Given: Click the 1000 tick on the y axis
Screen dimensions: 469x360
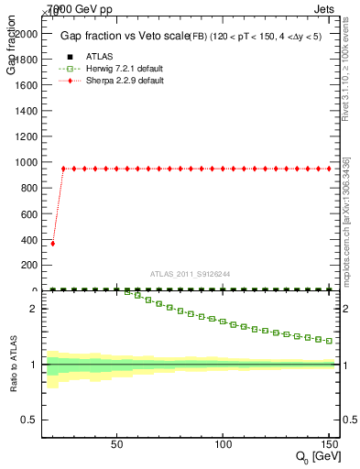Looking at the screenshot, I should point(27,162).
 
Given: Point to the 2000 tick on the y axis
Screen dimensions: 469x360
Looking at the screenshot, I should point(27,33).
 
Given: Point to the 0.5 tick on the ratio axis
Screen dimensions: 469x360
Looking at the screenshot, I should point(29,420).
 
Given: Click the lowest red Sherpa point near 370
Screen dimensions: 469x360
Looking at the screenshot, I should point(52,244).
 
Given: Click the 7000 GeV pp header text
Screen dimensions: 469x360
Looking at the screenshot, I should point(79,9).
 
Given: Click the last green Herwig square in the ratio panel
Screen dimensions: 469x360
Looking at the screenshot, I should point(329,340).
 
